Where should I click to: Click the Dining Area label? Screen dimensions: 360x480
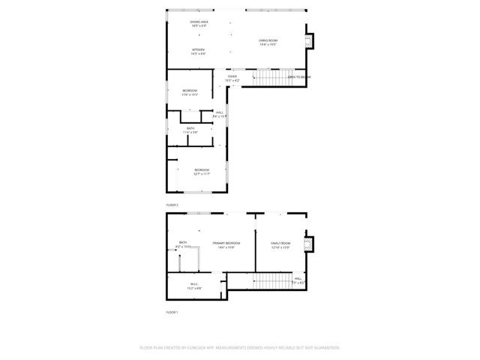199,23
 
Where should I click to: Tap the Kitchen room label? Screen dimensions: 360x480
198,51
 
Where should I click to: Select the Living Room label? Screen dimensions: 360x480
268,42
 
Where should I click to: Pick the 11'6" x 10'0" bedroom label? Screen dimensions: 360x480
189,92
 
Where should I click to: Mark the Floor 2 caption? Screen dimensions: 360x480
172,205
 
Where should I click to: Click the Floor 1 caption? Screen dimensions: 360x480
172,312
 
